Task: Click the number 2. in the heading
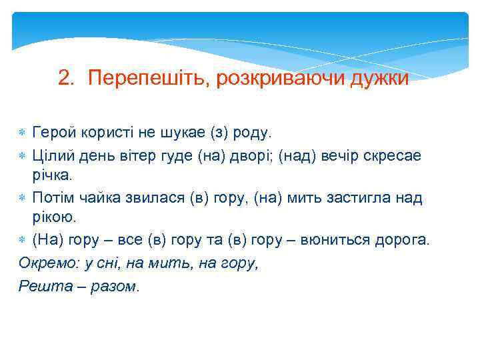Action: pyautogui.click(x=65, y=79)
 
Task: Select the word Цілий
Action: pyautogui.click(x=53, y=155)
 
